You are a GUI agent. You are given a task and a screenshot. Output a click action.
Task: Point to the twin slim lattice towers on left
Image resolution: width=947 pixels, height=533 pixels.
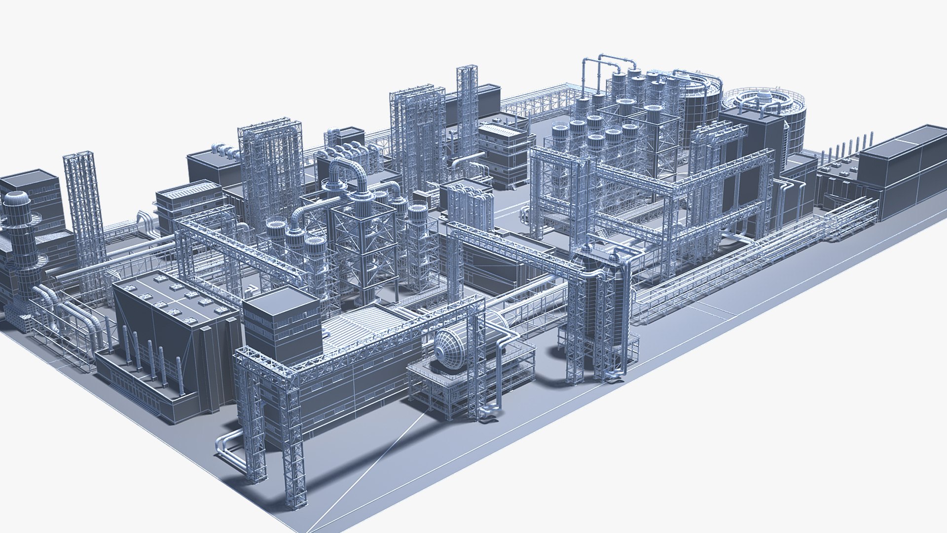pos(85,207)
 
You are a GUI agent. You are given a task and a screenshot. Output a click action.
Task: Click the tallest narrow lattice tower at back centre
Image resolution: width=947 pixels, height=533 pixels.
pos(467,106)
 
